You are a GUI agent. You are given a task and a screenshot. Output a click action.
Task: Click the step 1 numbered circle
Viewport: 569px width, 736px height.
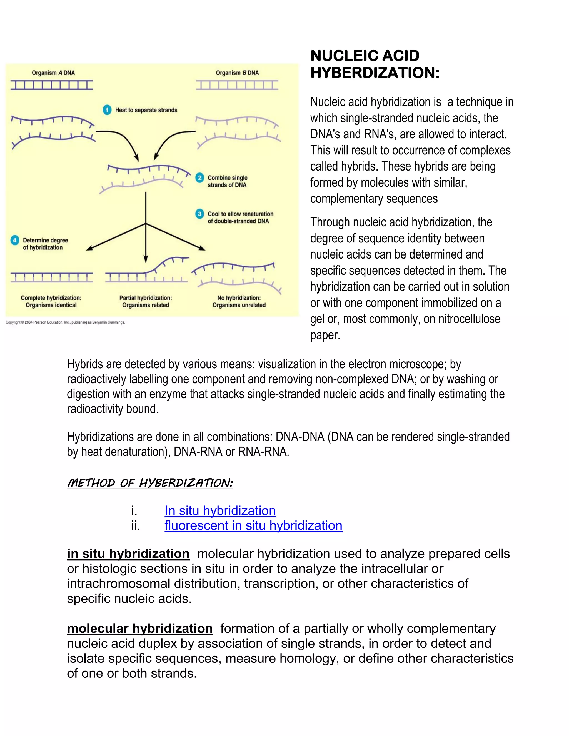[107, 110]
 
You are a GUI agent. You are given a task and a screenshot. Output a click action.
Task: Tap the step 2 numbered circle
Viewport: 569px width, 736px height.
[200, 177]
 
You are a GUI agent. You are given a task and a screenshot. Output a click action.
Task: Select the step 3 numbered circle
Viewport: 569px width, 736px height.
[200, 214]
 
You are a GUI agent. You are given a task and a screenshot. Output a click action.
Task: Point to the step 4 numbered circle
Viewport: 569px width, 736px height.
[14, 240]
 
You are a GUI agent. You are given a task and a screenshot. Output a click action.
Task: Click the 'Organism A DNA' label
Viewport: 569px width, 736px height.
[53, 73]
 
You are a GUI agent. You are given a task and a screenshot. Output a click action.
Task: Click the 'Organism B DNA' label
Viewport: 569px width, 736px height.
[237, 73]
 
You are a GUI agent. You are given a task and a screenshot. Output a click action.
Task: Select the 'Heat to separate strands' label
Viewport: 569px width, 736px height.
[146, 110]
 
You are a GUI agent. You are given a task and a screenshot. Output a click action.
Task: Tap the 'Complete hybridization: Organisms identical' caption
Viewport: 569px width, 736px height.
[51, 301]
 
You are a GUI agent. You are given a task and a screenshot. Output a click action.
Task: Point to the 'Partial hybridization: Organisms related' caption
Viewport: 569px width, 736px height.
[146, 301]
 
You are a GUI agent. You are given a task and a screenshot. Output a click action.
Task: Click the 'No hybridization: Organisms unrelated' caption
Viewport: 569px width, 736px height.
[239, 301]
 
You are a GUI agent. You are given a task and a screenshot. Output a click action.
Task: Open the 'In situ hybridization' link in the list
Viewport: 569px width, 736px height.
[220, 510]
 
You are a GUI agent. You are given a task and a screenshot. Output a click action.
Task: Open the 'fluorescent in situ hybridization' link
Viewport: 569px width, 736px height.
[253, 525]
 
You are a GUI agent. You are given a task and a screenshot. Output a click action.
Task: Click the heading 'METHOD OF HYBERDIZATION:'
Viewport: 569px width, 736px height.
[150, 483]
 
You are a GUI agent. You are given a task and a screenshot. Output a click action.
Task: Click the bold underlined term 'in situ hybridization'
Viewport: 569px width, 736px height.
[128, 554]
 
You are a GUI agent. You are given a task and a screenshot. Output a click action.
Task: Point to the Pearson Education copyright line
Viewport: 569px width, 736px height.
[65, 322]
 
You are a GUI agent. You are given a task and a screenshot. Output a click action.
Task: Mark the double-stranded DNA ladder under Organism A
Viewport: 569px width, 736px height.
[52, 85]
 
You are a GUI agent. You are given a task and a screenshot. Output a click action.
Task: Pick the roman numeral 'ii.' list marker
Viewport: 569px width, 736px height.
[136, 525]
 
